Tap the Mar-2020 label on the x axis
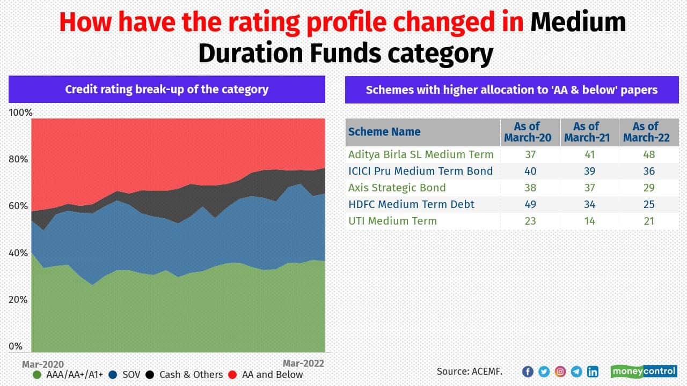[x=42, y=364]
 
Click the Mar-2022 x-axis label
[x=303, y=363]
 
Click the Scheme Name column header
[x=384, y=132]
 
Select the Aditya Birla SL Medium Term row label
[x=421, y=154]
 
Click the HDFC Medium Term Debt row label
[x=411, y=204]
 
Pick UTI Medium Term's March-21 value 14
[x=589, y=221]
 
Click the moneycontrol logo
[x=644, y=372]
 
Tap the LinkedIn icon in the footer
[x=593, y=372]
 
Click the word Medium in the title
[x=579, y=23]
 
